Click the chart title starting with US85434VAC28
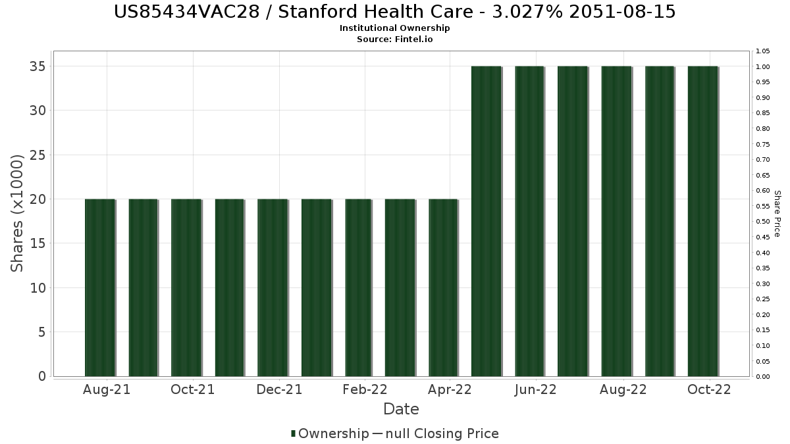[394, 12]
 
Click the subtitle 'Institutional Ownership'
[394, 28]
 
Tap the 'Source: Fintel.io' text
[394, 39]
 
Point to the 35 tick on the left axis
[38, 66]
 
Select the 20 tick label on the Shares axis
[38, 199]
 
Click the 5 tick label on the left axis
[42, 332]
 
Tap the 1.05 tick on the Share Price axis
[762, 51]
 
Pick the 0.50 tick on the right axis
[762, 222]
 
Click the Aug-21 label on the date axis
[107, 389]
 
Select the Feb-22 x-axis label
[365, 389]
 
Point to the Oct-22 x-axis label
[709, 389]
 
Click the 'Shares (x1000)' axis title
[16, 214]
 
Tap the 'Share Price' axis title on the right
[777, 214]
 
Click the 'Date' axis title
[401, 409]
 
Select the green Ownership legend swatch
[293, 433]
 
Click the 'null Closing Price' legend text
[442, 433]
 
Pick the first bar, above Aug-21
[100, 288]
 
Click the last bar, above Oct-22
[703, 221]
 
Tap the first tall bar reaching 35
[487, 221]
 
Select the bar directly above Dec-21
[273, 288]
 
